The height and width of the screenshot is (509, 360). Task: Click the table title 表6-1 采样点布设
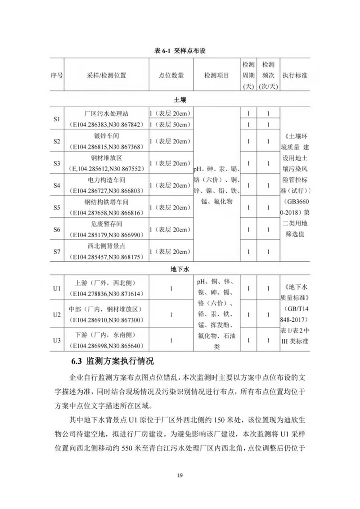pos(180,51)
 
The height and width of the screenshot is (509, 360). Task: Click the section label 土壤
pos(180,99)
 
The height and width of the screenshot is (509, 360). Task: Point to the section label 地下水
pos(180,270)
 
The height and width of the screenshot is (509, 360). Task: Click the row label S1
pos(57,119)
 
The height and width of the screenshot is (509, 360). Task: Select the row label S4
pos(57,185)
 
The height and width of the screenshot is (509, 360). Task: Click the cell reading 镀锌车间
pos(107,135)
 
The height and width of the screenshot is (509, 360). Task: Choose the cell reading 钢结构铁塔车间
pos(107,202)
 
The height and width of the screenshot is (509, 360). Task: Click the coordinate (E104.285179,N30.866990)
pos(106,235)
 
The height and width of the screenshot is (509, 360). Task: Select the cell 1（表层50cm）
pos(171,124)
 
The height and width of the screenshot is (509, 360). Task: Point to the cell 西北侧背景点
pos(107,246)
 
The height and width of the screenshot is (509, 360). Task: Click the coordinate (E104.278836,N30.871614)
pos(106,293)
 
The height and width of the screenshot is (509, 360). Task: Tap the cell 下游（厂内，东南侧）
pos(106,335)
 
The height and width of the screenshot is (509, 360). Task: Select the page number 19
pos(180,475)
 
